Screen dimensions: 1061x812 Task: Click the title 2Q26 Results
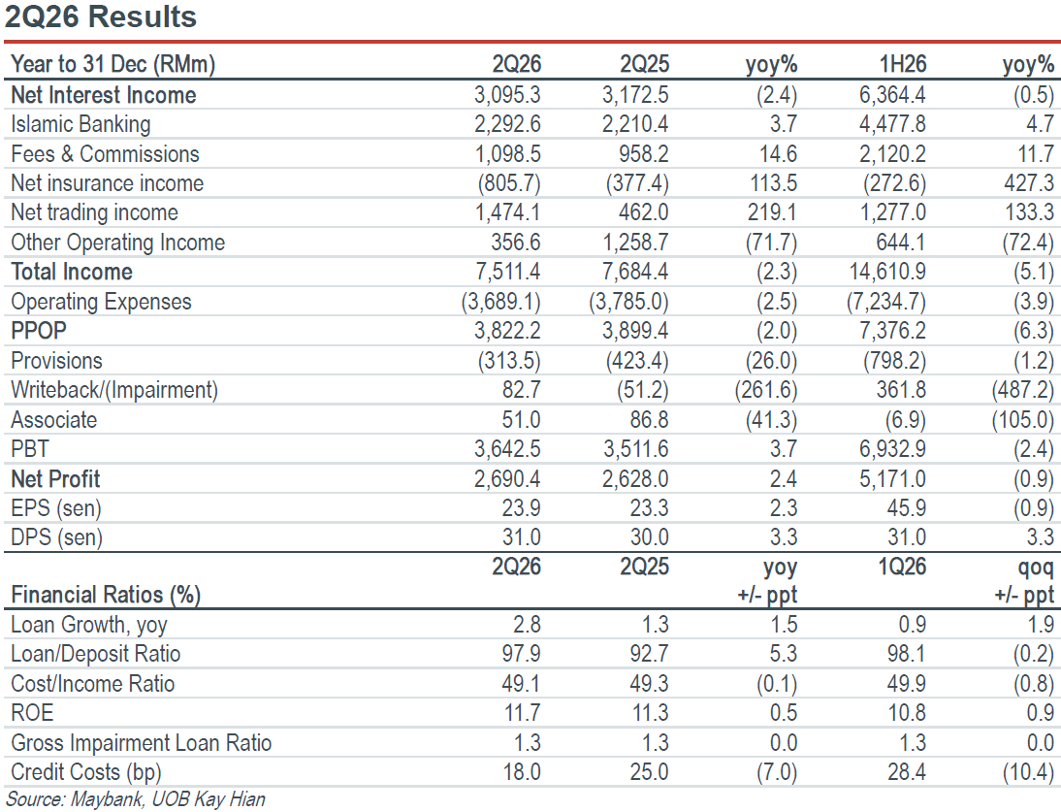(x=100, y=16)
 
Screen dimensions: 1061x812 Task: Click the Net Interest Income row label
(x=104, y=95)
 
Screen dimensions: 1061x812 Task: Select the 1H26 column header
(x=902, y=64)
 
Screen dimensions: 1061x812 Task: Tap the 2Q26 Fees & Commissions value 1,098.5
(x=507, y=153)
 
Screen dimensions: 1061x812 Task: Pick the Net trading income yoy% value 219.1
(x=771, y=212)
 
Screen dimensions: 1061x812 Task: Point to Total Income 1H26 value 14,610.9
(x=887, y=272)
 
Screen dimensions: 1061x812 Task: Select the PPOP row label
(x=39, y=331)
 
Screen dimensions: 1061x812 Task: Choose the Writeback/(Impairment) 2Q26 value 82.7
(x=521, y=390)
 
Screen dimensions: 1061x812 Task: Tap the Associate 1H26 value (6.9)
(x=906, y=419)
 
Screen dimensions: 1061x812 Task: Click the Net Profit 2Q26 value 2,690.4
(x=507, y=478)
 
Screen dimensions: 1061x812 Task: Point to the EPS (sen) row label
(x=56, y=508)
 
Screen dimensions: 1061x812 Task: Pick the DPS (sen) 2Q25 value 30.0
(x=649, y=537)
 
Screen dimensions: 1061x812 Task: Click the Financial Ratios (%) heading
(x=106, y=595)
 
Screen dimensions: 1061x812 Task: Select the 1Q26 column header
(x=902, y=567)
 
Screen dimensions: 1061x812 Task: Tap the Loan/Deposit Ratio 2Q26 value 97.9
(x=521, y=654)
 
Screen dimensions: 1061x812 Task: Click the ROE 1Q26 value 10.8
(x=906, y=712)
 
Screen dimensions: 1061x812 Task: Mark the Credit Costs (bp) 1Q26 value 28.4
(x=906, y=771)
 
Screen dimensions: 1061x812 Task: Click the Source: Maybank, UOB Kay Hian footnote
(x=136, y=799)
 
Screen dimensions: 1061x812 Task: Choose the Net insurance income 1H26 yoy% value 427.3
(x=1029, y=182)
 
